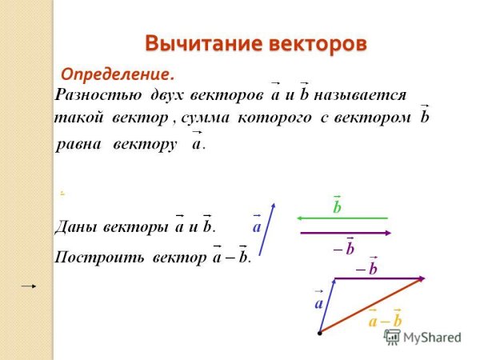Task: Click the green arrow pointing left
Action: click(342, 217)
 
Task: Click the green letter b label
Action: click(338, 206)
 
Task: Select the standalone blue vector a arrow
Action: click(268, 228)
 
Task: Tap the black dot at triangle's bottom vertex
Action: click(319, 330)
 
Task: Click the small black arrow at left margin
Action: click(29, 286)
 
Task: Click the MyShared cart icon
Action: click(392, 337)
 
